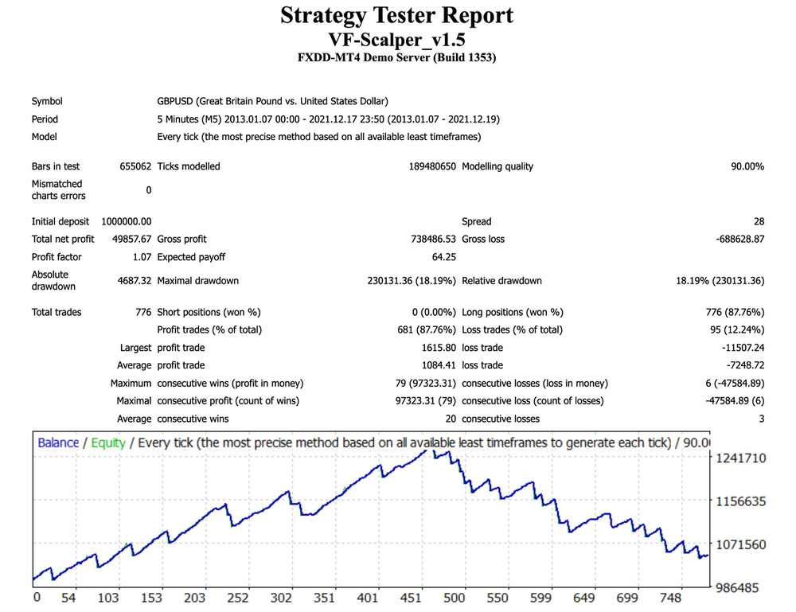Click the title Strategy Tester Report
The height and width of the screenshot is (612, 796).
(397, 16)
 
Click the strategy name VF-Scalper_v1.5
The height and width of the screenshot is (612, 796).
(397, 39)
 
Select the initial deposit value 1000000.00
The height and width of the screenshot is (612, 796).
(127, 221)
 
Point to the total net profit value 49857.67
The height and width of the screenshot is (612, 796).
(131, 239)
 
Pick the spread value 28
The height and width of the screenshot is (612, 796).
(759, 221)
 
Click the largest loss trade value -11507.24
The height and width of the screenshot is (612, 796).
(739, 348)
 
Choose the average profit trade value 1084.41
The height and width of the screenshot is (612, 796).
(438, 365)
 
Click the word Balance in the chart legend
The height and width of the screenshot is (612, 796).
(58, 442)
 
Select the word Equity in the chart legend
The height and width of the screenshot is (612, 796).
(107, 442)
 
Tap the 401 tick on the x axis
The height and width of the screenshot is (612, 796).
(368, 598)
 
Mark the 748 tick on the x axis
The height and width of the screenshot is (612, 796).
(670, 598)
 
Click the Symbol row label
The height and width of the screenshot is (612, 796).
(47, 101)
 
